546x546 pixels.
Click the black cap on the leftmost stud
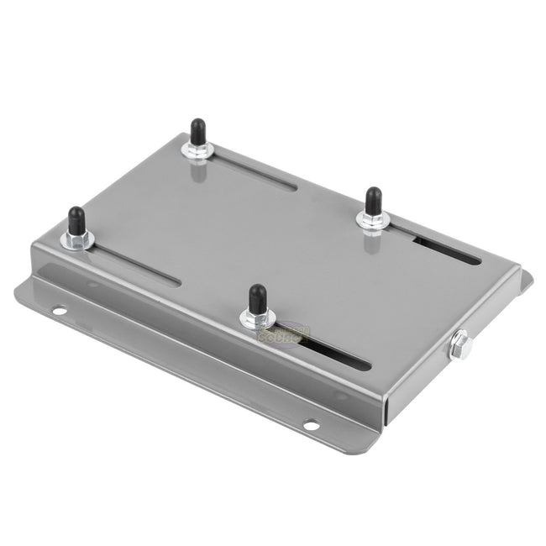[76, 219]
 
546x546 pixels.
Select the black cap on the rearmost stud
[198, 132]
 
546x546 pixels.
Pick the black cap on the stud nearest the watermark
[257, 298]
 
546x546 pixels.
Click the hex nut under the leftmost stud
[76, 239]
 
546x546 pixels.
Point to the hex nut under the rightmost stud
[372, 220]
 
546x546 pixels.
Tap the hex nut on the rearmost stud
[198, 150]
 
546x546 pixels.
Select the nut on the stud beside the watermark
[256, 318]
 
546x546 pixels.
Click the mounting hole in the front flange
[311, 425]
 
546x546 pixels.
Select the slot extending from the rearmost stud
[252, 171]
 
